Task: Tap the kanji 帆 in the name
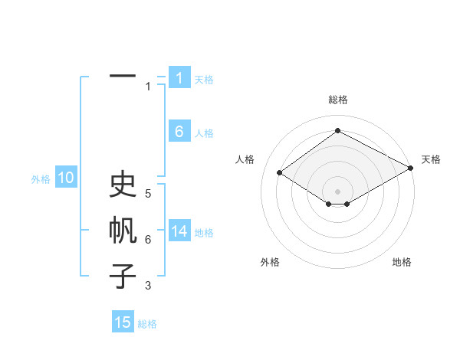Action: pos(123,231)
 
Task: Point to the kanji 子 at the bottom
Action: pos(123,276)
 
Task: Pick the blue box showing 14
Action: pos(179,231)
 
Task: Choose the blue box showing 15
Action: pos(123,322)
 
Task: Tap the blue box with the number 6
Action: pos(179,132)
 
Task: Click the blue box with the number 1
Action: pos(179,78)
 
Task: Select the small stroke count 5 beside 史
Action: pos(148,194)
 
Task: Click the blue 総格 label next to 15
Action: pos(147,324)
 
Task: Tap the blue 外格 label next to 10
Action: pos(41,180)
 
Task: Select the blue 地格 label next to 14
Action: pos(204,233)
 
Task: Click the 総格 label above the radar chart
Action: pos(337,100)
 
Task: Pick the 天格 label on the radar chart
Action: pos(431,159)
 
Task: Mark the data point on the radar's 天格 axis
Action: pos(411,169)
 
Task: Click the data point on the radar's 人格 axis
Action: pos(280,173)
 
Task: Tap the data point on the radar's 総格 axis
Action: pos(337,130)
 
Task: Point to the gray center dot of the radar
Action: pos(337,191)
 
